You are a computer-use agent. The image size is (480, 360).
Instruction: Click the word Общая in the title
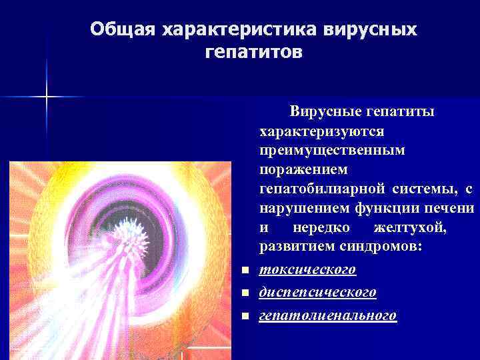[x=119, y=30]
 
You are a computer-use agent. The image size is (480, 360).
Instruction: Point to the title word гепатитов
[x=254, y=51]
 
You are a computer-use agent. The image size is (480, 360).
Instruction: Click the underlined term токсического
[x=307, y=269]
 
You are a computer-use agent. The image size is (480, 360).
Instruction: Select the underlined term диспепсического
[x=318, y=292]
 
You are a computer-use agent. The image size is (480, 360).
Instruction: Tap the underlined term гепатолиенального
[x=328, y=315]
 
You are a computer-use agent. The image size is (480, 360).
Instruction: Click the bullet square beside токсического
[x=245, y=271]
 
